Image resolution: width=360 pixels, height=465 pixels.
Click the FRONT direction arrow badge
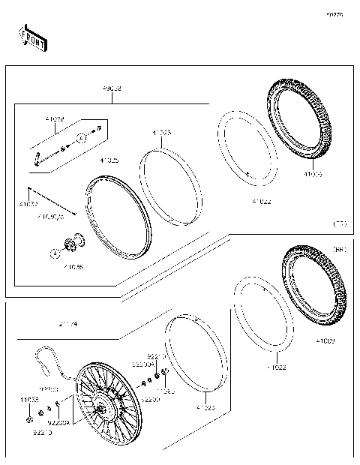(x=32, y=37)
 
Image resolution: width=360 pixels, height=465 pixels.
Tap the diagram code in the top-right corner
(x=334, y=14)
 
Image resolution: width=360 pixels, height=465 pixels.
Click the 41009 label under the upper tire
(x=313, y=174)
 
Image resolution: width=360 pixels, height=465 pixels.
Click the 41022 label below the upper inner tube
(x=262, y=201)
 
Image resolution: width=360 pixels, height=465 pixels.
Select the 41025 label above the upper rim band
(x=161, y=133)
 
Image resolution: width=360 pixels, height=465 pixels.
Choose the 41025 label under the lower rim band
(x=205, y=408)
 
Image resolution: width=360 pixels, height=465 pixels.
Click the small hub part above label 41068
(x=75, y=243)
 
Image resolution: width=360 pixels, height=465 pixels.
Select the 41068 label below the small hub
(x=73, y=266)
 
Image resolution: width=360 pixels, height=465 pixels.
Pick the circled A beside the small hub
(x=55, y=253)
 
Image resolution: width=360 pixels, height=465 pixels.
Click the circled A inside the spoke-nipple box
(x=79, y=140)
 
